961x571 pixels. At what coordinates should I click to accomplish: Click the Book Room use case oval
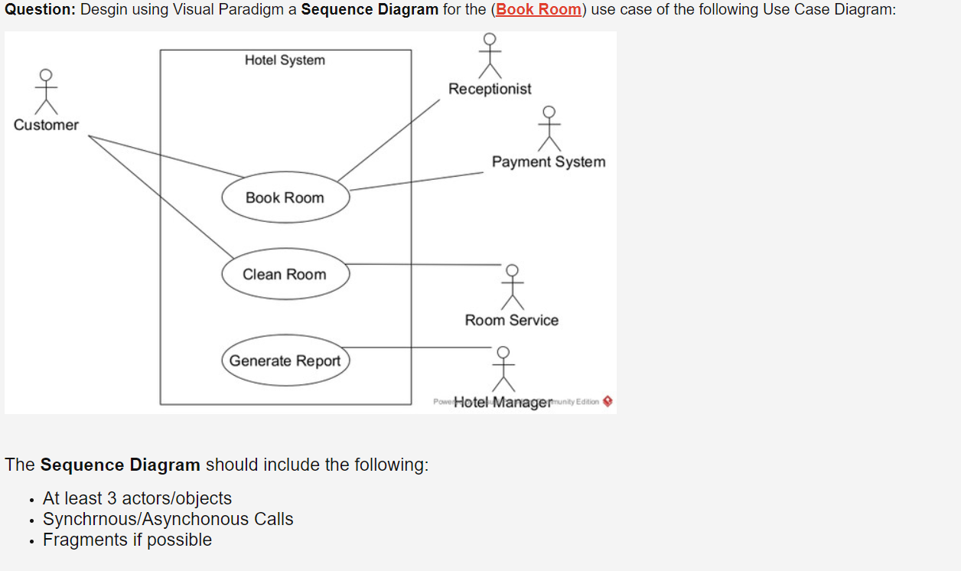pos(285,197)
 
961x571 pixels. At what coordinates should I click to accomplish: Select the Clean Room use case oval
pos(285,274)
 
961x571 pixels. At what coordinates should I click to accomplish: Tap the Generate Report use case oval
pos(285,361)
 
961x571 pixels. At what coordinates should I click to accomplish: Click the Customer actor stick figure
pos(46,91)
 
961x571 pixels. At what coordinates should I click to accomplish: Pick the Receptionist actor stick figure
pos(490,55)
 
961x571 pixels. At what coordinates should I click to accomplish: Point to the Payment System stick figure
pos(549,129)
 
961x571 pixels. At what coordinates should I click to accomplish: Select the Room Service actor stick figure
pos(512,287)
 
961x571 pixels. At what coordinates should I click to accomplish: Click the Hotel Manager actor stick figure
pos(503,368)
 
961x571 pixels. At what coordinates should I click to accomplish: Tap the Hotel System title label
pos(285,60)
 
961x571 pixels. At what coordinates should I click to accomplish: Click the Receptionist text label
pos(490,89)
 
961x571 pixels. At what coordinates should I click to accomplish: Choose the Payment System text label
pos(549,162)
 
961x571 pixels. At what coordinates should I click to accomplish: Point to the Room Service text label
pos(512,320)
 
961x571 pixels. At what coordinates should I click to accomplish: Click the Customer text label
pos(46,125)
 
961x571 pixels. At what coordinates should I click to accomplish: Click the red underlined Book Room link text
pos(539,10)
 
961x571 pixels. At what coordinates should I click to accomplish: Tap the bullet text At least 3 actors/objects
pos(137,498)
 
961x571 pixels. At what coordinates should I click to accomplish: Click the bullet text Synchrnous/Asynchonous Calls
pos(168,519)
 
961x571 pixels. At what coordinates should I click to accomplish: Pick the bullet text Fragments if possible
pos(127,540)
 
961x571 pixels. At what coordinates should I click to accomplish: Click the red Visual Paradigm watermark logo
pos(608,401)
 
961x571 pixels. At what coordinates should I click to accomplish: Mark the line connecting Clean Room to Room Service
pos(425,264)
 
